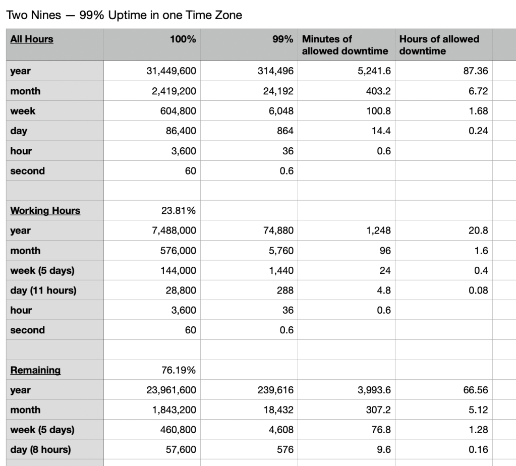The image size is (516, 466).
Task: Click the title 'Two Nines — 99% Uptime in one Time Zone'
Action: (124, 15)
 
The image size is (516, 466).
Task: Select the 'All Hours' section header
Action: (32, 39)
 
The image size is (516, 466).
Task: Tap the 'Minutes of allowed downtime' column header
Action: (345, 45)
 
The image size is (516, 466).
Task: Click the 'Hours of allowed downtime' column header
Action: (439, 45)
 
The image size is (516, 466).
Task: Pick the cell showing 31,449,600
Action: (171, 71)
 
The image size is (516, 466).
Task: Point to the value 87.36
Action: (476, 71)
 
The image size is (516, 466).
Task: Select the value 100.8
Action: (378, 111)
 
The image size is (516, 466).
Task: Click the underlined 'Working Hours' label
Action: (45, 211)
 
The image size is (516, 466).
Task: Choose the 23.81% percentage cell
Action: (179, 211)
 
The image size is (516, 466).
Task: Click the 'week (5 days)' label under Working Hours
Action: (42, 271)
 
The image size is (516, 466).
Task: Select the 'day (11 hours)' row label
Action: (43, 290)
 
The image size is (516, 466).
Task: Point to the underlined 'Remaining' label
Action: (35, 370)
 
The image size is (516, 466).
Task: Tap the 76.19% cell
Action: (179, 370)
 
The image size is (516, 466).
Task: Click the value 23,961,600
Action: (171, 390)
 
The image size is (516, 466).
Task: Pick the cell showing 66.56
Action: (476, 390)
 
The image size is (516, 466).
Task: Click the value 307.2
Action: (378, 410)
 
